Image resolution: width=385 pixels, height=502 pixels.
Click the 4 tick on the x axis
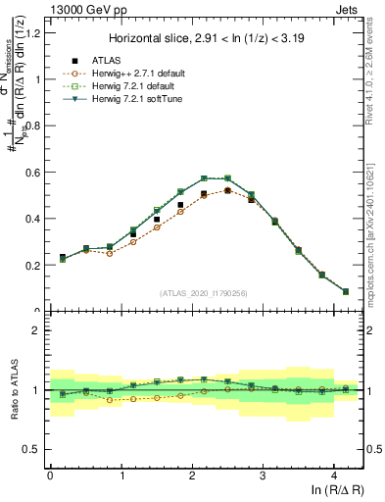point(334,475)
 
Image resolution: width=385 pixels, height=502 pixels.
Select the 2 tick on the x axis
point(192,475)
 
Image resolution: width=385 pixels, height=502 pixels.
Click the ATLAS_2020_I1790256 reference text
point(204,293)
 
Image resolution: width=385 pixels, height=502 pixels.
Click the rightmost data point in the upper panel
point(345,291)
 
